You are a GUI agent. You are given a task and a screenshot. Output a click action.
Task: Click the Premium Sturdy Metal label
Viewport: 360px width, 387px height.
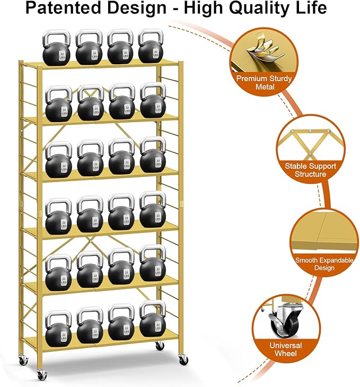point(264,82)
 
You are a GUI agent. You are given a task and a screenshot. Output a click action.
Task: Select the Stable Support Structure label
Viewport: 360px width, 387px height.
point(310,170)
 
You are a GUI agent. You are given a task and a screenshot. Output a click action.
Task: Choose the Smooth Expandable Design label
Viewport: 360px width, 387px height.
point(322,264)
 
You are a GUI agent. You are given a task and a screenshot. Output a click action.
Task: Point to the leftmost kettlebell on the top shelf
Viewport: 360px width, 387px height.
point(57,49)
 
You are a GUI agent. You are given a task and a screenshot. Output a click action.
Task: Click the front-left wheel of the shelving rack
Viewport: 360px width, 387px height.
point(41,375)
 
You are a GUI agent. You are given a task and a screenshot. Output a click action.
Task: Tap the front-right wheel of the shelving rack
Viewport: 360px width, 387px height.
point(183,359)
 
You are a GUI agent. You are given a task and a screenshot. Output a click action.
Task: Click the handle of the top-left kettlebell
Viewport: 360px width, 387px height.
point(56,37)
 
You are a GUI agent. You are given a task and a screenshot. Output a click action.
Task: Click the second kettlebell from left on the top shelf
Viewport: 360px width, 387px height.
point(89,49)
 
